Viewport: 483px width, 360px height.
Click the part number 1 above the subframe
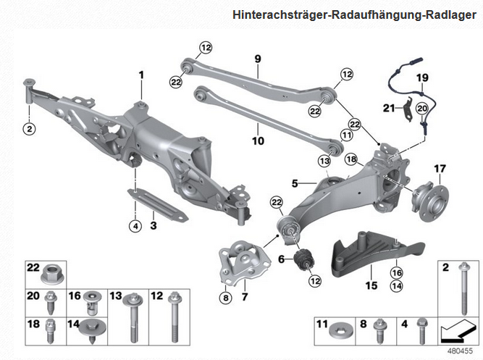coord(142,75)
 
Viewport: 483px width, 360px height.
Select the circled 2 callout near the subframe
coord(29,129)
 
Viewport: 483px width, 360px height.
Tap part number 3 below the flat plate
coord(153,226)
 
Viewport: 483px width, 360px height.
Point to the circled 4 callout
coord(134,226)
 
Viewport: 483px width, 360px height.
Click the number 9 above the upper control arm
coord(256,58)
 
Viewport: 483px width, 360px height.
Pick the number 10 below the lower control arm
coord(257,142)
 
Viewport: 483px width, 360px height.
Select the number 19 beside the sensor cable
coord(423,78)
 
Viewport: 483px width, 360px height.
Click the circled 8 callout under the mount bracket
coord(225,296)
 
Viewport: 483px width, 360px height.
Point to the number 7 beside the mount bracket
coord(244,296)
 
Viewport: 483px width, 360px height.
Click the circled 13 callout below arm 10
coord(324,160)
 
